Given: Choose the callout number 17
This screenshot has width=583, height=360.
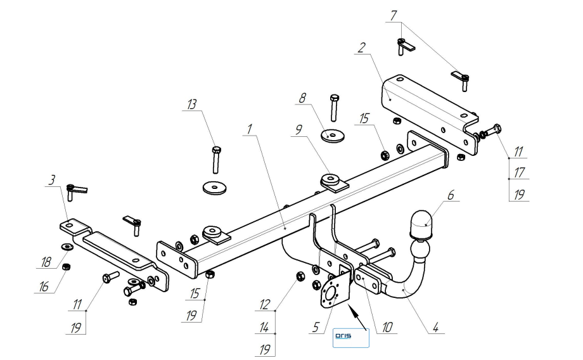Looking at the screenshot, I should click(x=518, y=172).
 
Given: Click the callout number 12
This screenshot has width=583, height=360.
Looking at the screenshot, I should click(x=264, y=305).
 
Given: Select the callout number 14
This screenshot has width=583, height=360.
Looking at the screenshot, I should click(x=264, y=328).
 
